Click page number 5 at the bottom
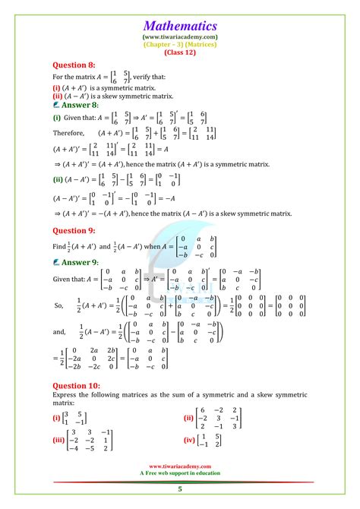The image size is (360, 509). pyautogui.click(x=180, y=491)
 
